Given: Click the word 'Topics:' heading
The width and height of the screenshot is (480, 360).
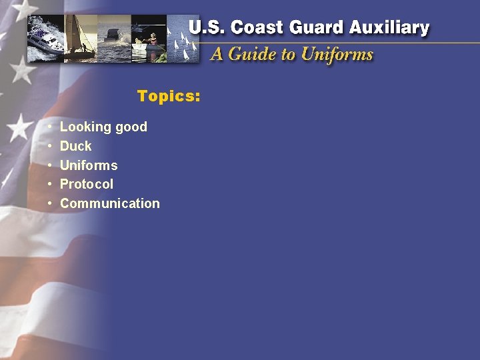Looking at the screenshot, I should (168, 96).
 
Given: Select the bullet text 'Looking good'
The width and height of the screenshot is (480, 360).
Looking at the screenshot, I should (103, 127).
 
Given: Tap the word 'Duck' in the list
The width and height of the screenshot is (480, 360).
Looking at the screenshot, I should (75, 146).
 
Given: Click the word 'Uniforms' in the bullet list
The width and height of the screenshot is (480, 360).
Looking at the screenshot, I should (89, 165).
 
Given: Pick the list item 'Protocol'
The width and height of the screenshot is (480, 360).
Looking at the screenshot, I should (87, 184).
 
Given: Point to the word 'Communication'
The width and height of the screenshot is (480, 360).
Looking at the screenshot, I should (110, 203).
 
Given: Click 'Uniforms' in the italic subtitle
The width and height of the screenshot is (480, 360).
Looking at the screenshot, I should (337, 55).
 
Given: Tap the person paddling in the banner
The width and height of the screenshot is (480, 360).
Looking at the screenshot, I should (152, 40).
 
